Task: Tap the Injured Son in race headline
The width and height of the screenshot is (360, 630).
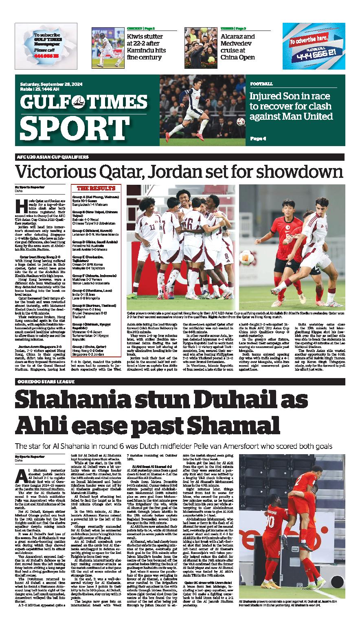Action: (291, 106)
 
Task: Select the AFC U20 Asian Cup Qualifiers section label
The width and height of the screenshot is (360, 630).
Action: (47, 157)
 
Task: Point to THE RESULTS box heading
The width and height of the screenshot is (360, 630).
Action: (96, 188)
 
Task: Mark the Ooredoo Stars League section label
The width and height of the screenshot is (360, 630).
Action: (46, 382)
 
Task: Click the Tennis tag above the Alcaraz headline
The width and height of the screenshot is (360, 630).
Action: (227, 28)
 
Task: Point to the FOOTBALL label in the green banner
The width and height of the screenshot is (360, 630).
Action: (261, 84)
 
